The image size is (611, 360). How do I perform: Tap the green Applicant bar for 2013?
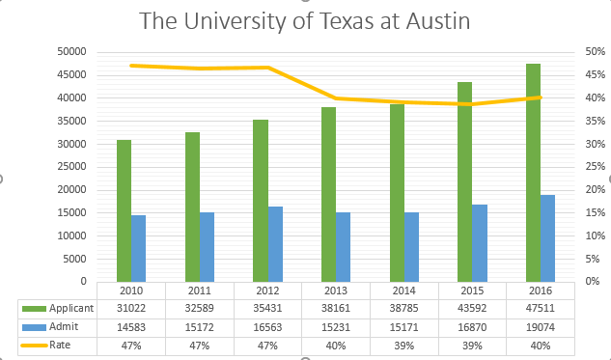tap(328, 194)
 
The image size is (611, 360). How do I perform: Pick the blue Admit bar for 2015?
tap(479, 242)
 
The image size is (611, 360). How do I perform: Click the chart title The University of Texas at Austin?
tap(305, 20)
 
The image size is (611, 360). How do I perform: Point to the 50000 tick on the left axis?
tap(73, 51)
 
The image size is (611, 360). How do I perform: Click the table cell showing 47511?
tap(541, 308)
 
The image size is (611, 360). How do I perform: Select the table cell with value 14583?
tap(131, 326)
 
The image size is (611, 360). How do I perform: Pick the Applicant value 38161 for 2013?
tap(336, 308)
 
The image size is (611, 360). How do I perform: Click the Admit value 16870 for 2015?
tap(472, 326)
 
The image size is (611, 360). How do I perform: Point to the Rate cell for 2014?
tap(403, 345)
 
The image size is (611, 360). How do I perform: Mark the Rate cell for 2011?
tap(199, 345)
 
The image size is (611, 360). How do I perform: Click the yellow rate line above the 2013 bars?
tap(335, 98)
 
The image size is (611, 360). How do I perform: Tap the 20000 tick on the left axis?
tap(73, 189)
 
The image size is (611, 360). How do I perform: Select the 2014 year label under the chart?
tap(403, 290)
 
